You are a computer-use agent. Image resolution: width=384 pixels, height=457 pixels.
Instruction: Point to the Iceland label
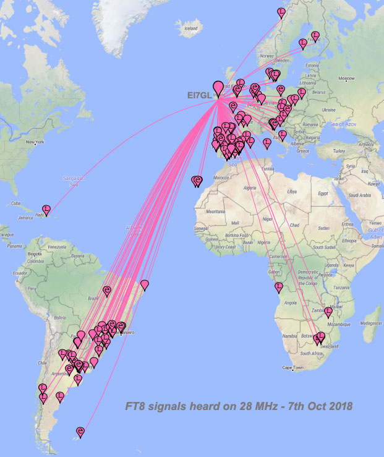coord(190,28)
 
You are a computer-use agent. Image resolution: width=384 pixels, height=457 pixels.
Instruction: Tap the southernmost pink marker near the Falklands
coord(80,431)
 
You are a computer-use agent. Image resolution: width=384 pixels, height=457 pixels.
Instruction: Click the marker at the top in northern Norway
coord(281,12)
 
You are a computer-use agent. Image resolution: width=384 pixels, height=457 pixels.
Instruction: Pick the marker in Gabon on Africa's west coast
coord(278,286)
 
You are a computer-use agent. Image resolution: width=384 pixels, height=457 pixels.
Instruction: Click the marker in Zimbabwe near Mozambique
coord(328,312)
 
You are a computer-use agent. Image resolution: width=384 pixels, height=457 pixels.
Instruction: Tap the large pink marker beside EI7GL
coord(218,87)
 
